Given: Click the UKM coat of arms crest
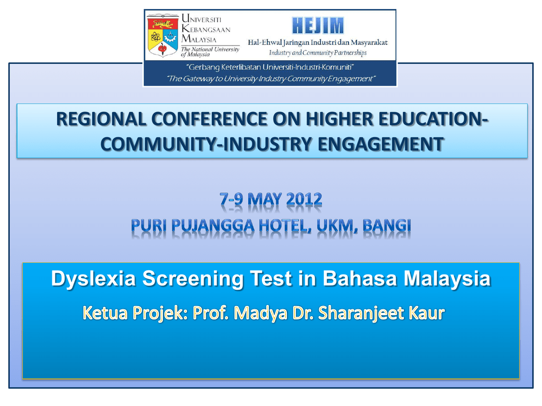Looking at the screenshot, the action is pos(162,35).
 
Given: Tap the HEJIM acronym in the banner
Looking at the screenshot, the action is pos(318,25).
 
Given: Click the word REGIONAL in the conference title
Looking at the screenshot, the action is pos(101,119).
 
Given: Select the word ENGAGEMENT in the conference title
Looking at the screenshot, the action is pos(381,144).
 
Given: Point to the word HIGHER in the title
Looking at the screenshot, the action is pos(339,119).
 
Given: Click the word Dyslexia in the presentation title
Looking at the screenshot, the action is pos(93,279).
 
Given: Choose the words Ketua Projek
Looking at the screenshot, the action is pos(135,313).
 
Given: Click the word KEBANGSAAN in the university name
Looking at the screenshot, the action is pos(206,29).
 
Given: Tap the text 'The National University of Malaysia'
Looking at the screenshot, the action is pos(210,52).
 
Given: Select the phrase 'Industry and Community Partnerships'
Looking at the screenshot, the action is pos(318,53).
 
